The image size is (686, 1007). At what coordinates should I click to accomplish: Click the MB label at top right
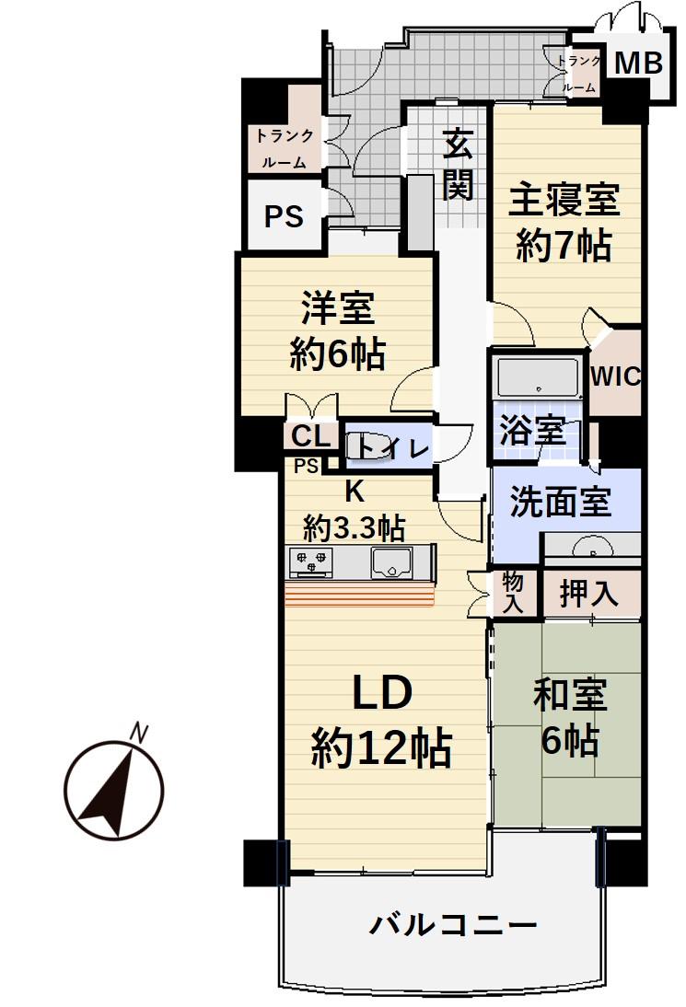[x=637, y=64]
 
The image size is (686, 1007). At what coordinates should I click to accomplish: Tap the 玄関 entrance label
[x=457, y=166]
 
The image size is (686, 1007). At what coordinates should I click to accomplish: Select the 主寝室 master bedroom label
[x=564, y=198]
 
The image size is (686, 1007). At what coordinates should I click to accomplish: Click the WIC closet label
[x=615, y=376]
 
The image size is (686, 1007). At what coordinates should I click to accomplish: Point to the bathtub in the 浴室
[x=537, y=377]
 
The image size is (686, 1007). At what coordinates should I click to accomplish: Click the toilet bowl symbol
[x=361, y=446]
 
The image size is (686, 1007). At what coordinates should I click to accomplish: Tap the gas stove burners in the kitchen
[x=310, y=561]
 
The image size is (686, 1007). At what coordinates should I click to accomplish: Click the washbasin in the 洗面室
[x=590, y=549]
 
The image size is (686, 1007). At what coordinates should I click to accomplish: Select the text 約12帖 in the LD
[x=380, y=747]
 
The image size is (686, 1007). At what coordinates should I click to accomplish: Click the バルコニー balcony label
[x=453, y=923]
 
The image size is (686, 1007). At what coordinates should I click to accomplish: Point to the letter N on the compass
[x=139, y=733]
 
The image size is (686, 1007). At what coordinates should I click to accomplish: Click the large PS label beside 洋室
[x=284, y=216]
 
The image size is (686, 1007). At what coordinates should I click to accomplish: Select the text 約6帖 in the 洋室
[x=337, y=354]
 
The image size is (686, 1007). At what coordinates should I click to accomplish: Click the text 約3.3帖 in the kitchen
[x=354, y=528]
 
